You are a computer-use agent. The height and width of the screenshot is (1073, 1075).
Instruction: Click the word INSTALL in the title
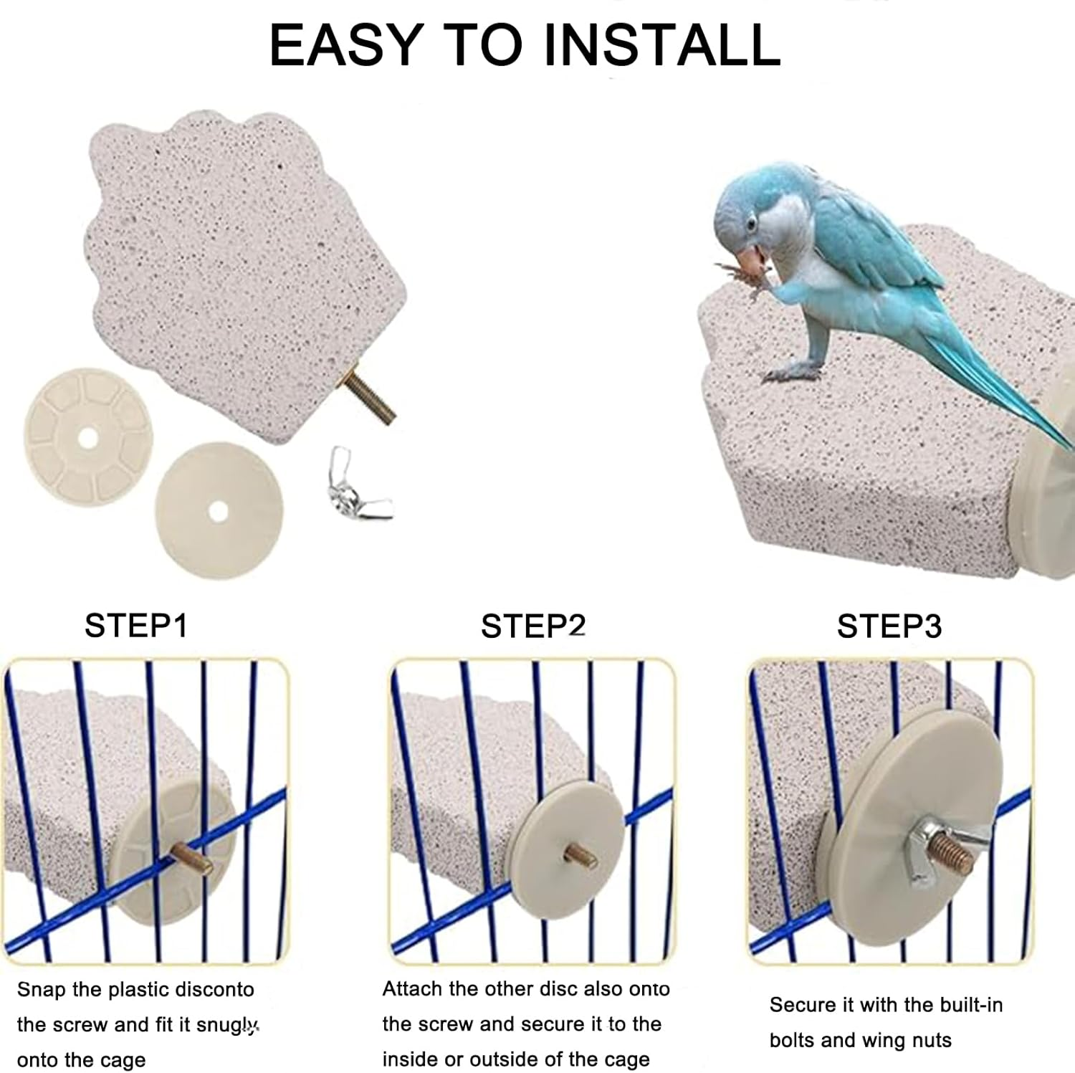pos(661,44)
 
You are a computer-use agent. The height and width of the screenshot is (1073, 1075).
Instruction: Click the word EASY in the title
pos(345,44)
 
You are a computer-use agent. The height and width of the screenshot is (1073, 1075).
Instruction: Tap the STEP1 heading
pos(136,625)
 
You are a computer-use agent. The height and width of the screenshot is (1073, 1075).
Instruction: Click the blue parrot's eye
pos(750,225)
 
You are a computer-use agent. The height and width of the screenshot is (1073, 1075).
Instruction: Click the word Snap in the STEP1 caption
pos(42,991)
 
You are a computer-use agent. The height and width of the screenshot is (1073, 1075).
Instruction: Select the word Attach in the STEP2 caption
pos(412,989)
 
